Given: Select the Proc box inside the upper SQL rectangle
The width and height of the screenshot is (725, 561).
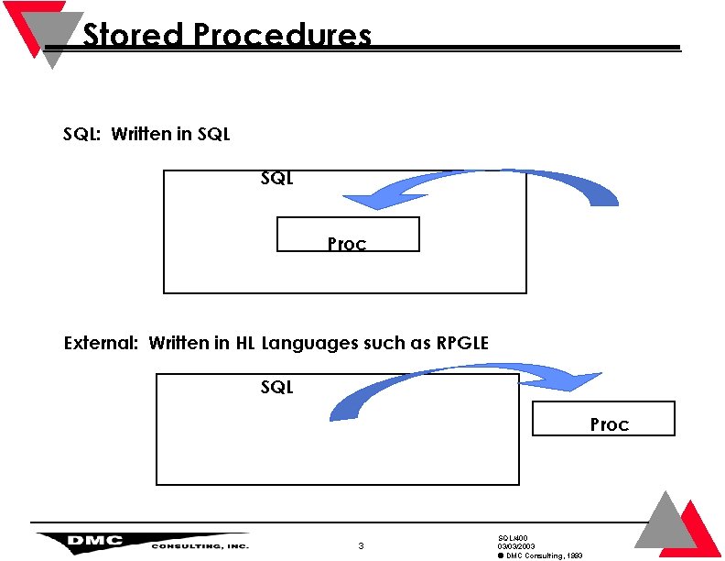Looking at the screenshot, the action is [348, 235].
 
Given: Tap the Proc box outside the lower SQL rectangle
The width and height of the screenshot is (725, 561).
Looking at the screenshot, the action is [603, 418].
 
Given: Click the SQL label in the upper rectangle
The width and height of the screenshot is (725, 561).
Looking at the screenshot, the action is [276, 179].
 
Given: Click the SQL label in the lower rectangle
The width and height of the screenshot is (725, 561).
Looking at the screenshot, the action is [276, 388].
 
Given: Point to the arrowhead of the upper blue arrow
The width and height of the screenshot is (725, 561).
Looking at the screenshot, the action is [352, 201].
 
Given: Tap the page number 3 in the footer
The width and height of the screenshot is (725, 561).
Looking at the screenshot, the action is [361, 546].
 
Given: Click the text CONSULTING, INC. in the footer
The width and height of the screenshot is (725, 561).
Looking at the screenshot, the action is [200, 546].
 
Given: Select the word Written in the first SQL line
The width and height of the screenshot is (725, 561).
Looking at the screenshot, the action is [142, 135].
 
